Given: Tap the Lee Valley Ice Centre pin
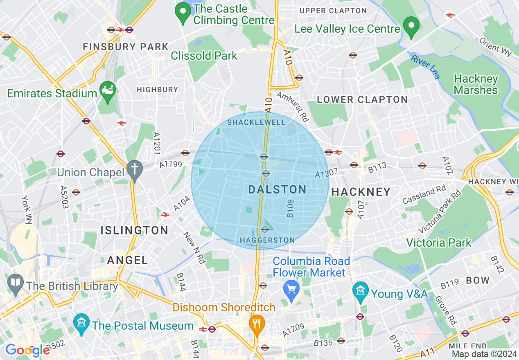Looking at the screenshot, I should (x=411, y=26).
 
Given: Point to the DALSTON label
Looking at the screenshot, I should (x=278, y=189).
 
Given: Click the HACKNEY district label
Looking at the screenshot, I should (x=361, y=192).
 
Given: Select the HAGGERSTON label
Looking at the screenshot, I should (x=267, y=240).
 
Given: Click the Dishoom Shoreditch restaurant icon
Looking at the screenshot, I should (x=257, y=324).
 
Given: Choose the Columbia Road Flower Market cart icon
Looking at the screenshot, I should (x=291, y=290).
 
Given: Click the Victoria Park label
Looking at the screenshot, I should (x=439, y=243).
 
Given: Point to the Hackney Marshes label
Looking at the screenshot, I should (x=476, y=84).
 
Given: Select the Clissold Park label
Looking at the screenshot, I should (x=204, y=56).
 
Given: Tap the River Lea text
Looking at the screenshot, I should (x=426, y=67).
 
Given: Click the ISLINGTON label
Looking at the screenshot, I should (x=134, y=230).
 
